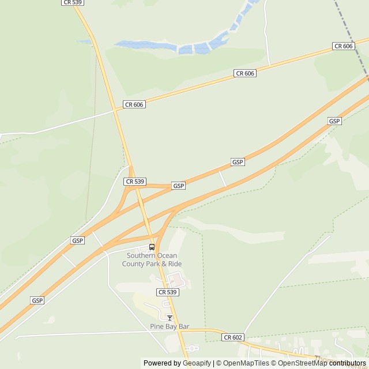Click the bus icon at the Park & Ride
[152, 247]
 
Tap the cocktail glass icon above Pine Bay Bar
[170, 318]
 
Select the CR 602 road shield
[234, 337]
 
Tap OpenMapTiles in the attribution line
[246, 363]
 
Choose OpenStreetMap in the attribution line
[303, 363]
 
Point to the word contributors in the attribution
[348, 363]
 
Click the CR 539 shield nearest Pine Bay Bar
[168, 292]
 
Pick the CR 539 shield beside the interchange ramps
[134, 181]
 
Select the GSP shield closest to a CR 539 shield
[179, 186]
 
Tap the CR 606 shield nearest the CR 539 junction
[134, 104]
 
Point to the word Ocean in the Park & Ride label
[168, 255]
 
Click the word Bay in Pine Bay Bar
[171, 326]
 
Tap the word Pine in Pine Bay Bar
[157, 326]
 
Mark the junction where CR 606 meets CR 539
[115, 109]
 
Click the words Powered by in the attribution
[162, 363]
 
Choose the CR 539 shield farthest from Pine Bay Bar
[72, 3]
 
